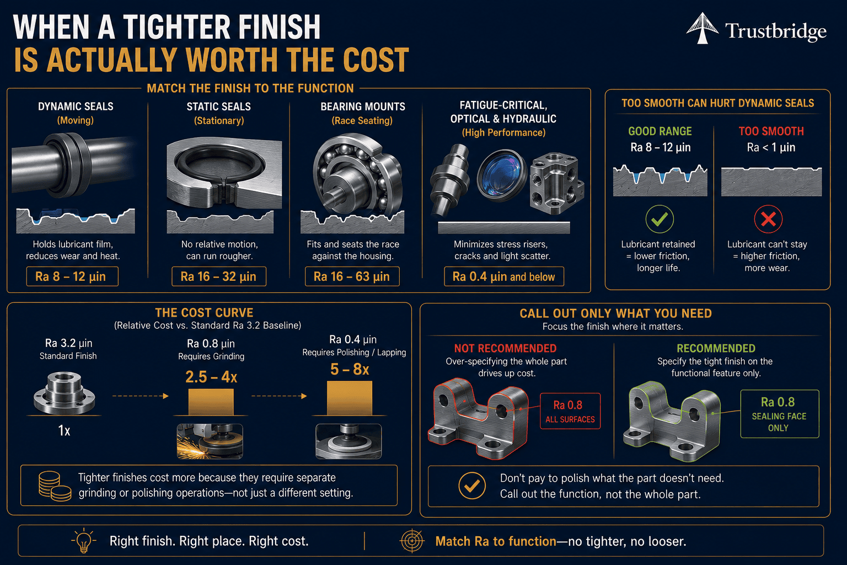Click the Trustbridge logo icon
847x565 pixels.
tap(702, 28)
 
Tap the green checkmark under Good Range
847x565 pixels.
tap(660, 218)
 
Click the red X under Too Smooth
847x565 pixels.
tap(768, 218)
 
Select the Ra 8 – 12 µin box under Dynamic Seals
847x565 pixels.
tap(72, 276)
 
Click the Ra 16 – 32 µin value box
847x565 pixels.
tap(219, 276)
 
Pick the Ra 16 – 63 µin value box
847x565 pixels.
tap(352, 276)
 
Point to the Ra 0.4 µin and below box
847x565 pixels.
tap(503, 276)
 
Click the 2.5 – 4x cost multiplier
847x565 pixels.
tap(211, 377)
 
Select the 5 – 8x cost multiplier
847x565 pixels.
tap(350, 369)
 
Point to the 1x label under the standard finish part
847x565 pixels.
tap(64, 431)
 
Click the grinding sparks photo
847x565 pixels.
tap(210, 441)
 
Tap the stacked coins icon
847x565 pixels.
tap(55, 486)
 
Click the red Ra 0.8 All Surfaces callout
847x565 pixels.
tap(570, 411)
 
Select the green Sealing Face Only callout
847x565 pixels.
tap(780, 414)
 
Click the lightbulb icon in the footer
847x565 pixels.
tap(84, 540)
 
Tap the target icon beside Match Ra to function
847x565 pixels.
tap(412, 541)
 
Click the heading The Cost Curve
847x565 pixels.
tap(204, 313)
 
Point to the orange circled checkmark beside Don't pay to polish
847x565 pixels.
tap(472, 486)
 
